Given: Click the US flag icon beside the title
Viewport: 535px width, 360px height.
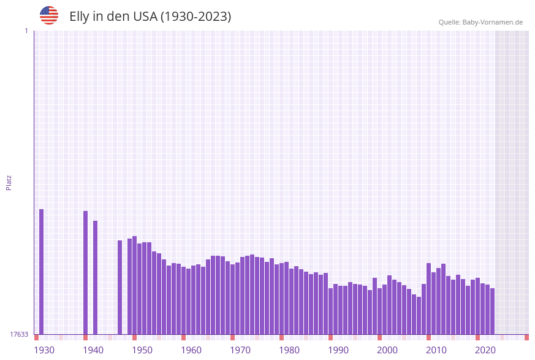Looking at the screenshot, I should pos(49,15).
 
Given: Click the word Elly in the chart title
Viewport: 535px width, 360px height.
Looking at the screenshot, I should pos(80,17).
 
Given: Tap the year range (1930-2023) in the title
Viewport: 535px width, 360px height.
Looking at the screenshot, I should pos(195,17).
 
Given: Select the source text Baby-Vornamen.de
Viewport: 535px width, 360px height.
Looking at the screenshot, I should pos(493,22).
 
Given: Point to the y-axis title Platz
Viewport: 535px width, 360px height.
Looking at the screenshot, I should pos(9,182).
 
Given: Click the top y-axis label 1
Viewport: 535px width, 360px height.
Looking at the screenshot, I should pos(26,31).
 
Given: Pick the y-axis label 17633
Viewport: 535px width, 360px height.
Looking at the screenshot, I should pos(19,334).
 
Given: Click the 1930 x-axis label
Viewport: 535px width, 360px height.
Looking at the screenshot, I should pos(44,350).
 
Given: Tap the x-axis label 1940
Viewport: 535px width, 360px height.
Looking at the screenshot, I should pos(93,350).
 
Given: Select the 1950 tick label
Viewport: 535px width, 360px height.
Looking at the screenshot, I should pos(142,350).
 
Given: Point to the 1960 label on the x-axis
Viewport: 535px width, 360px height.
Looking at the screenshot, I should pos(191,350).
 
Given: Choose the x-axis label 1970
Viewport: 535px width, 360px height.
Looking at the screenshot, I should pos(240,350).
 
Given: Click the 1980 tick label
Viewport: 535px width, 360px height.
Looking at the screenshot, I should pos(289,350).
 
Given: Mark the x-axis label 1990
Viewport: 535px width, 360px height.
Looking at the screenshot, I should pos(338,350).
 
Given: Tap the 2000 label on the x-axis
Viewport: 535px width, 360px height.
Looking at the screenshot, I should pos(387,350).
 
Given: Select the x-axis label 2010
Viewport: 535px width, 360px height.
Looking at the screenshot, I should pos(436,350).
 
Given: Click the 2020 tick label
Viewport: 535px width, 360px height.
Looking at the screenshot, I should pos(485,350).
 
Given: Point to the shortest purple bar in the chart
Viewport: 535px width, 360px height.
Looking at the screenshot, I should pos(419,315).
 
